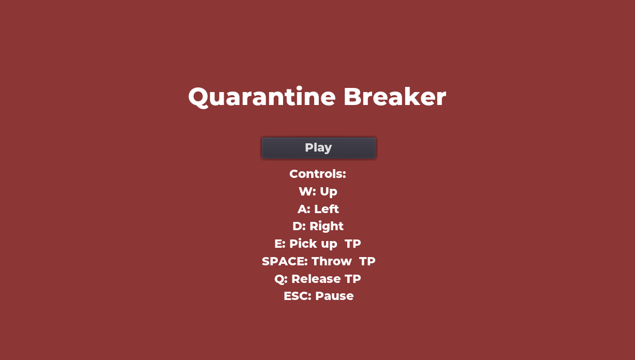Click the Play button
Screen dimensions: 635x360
[319, 148]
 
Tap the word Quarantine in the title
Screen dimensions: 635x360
[262, 97]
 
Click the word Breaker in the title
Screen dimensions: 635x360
[395, 97]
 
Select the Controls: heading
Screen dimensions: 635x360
[318, 174]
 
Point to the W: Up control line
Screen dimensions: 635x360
[318, 192]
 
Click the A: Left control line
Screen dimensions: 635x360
[318, 209]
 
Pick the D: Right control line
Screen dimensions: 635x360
[318, 227]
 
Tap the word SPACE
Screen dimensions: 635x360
[285, 261]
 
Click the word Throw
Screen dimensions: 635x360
[332, 261]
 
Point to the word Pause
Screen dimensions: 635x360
[334, 296]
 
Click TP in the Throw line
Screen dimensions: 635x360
[367, 261]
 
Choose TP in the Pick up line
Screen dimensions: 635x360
[353, 244]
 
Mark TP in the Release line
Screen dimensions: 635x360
[353, 279]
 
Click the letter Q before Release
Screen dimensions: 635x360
[279, 279]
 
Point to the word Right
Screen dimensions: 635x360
[327, 227]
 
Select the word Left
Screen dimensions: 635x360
[327, 209]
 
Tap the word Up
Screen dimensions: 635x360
[329, 192]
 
